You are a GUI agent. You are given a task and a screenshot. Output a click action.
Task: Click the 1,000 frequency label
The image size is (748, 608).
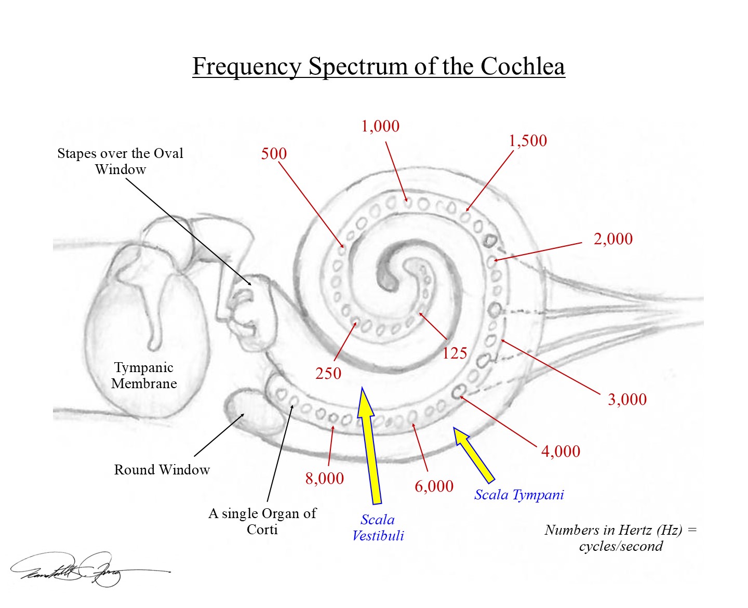(x=380, y=126)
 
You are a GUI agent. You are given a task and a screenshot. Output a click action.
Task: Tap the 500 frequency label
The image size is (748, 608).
(x=274, y=154)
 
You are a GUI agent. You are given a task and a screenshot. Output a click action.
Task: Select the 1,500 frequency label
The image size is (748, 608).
(x=527, y=141)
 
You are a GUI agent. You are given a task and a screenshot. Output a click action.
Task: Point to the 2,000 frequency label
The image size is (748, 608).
(x=613, y=239)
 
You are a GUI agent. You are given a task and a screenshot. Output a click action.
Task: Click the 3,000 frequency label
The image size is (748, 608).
(x=627, y=400)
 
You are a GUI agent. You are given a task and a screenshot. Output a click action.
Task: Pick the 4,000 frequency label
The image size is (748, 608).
(x=560, y=451)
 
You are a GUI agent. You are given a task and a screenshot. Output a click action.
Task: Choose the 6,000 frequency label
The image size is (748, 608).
(x=434, y=486)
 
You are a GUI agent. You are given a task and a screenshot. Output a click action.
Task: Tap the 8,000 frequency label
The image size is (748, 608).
(x=324, y=479)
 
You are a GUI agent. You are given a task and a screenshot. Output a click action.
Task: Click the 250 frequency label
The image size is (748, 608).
(x=328, y=374)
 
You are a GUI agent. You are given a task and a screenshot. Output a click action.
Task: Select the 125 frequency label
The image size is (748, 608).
(x=455, y=354)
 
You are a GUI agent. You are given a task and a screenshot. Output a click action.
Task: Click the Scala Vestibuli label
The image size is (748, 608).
(x=378, y=527)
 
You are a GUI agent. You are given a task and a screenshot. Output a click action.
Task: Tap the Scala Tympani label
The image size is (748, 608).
(x=518, y=495)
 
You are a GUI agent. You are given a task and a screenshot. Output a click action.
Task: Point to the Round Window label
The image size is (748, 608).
(x=162, y=470)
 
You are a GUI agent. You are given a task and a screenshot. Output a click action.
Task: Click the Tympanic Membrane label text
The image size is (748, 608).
(x=144, y=376)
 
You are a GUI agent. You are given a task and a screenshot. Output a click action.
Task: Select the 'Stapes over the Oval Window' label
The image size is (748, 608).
(x=120, y=161)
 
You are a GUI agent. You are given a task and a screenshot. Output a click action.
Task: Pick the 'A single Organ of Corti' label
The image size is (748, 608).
(x=262, y=521)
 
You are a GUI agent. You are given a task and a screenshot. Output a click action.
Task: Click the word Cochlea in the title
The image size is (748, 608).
(x=523, y=67)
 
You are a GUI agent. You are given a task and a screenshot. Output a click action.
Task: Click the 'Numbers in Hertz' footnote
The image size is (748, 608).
(x=621, y=538)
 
